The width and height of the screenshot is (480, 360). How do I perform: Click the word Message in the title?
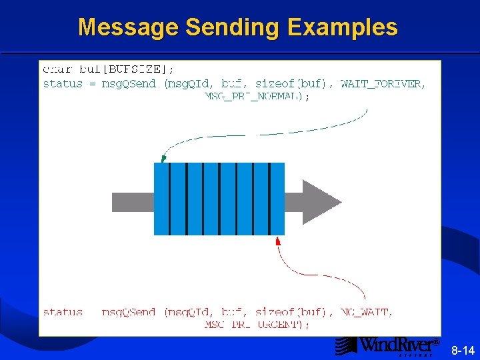pyautogui.click(x=128, y=27)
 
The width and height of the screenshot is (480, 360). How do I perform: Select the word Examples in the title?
pyautogui.click(x=343, y=27)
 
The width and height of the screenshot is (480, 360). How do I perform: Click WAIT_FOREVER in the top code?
pyautogui.click(x=381, y=84)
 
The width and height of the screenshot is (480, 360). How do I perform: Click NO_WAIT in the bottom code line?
pyautogui.click(x=366, y=312)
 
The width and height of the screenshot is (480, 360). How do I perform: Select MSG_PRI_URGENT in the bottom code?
pyautogui.click(x=257, y=325)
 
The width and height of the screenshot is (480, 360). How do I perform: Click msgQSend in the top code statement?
pyautogui.click(x=129, y=84)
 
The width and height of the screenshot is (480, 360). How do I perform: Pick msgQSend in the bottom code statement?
pyautogui.click(x=129, y=312)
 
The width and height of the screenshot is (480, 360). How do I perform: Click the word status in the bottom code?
pyautogui.click(x=63, y=312)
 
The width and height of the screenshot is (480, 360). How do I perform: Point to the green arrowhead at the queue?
pyautogui.click(x=164, y=158)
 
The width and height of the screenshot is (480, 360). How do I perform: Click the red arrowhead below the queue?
pyautogui.click(x=278, y=240)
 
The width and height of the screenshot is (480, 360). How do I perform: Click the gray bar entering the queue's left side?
pyautogui.click(x=133, y=201)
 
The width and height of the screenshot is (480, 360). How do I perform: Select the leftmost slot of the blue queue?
pyautogui.click(x=161, y=199)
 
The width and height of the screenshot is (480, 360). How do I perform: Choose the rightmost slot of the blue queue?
pyautogui.click(x=277, y=199)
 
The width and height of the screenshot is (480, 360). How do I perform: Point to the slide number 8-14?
pyautogui.click(x=463, y=350)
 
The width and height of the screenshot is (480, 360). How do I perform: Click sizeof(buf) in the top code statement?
pyautogui.click(x=291, y=84)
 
